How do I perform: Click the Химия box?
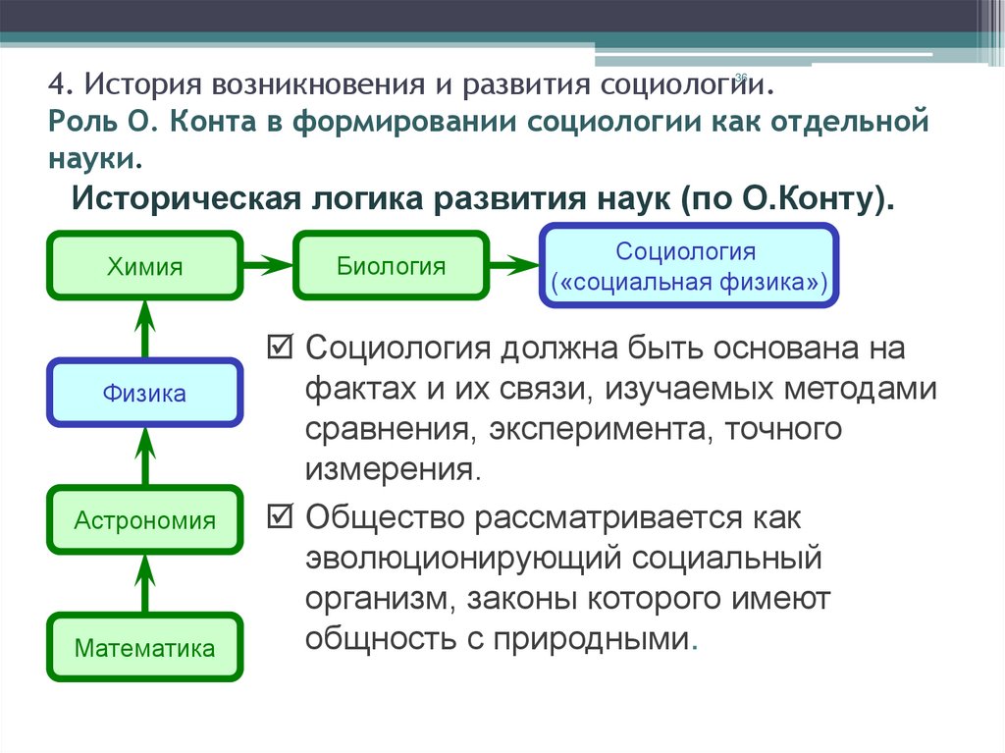[145, 266]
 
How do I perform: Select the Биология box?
[391, 265]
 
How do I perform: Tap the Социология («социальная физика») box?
[689, 266]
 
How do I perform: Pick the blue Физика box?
[145, 394]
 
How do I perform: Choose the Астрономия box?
[145, 520]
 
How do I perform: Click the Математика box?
[145, 648]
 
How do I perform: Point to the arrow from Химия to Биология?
[267, 265]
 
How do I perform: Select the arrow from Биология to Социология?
[513, 265]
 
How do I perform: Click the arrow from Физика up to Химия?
[145, 329]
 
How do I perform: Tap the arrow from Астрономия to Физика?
[145, 457]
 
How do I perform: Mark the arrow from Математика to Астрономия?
[145, 583]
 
